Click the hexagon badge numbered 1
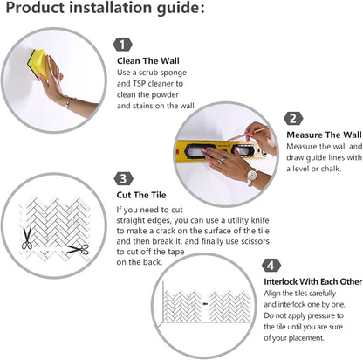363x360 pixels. [122, 45]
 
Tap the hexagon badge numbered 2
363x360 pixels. [293, 119]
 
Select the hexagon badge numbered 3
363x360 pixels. [124, 178]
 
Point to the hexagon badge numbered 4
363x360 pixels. [271, 266]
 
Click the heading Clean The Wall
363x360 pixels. [148, 61]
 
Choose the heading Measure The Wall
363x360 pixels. [324, 135]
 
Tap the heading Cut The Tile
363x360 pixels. [141, 195]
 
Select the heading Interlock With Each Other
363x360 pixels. [313, 281]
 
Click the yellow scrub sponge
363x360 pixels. [38, 64]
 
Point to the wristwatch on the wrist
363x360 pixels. [252, 176]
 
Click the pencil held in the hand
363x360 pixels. [249, 133]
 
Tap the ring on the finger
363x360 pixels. [223, 160]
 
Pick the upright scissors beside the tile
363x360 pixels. [27, 239]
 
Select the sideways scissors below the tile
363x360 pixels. [78, 249]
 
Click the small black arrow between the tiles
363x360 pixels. [205, 304]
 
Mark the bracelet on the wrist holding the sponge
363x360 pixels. [68, 102]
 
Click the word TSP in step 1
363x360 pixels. [140, 84]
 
